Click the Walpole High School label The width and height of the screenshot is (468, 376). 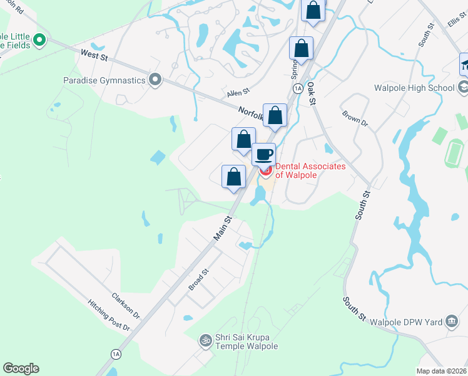414,88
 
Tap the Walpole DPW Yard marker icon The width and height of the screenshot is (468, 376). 451,322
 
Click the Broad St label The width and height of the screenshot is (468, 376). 198,280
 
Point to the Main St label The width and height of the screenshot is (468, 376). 223,229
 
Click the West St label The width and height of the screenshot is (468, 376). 94,56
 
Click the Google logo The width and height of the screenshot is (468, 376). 21,368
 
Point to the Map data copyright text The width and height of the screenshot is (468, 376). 441,371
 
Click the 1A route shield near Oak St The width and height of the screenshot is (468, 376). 298,88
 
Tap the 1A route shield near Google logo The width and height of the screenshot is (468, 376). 116,354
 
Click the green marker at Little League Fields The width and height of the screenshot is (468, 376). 39,41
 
